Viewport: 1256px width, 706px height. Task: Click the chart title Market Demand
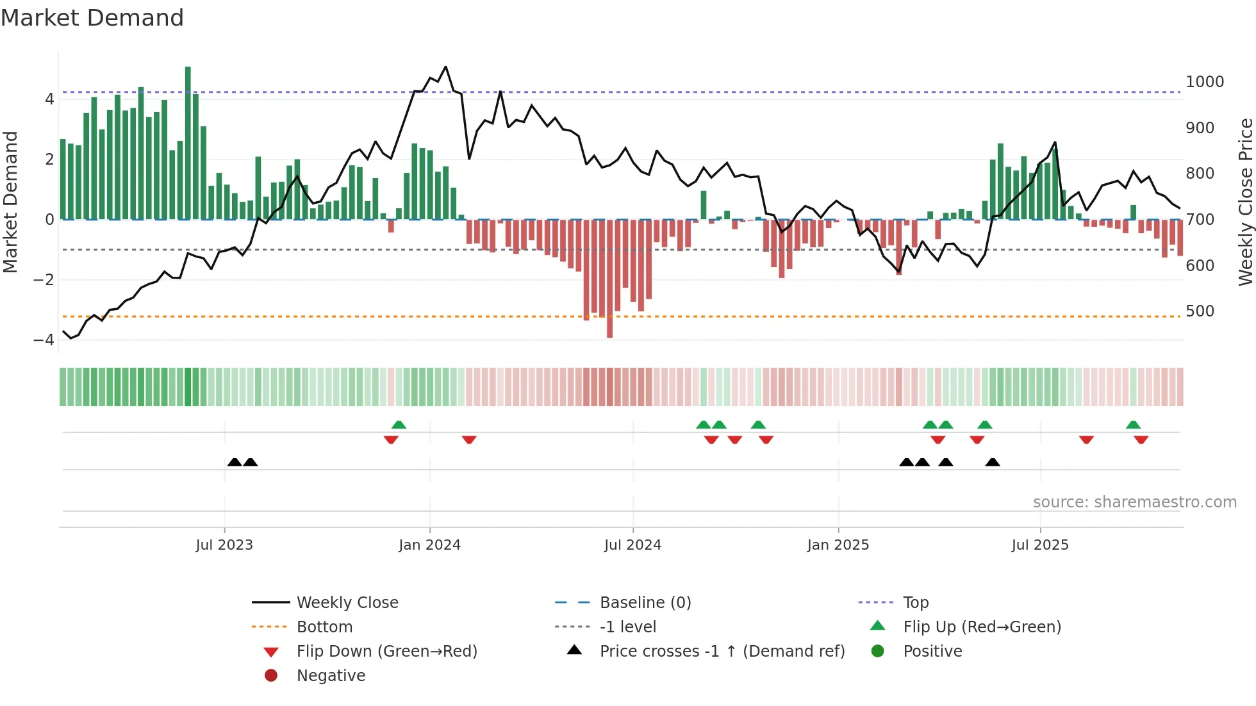click(x=92, y=17)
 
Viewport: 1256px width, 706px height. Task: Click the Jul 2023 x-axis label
click(x=224, y=545)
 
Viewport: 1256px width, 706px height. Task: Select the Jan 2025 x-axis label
click(x=838, y=545)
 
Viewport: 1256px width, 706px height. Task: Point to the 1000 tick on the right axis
click(x=1204, y=82)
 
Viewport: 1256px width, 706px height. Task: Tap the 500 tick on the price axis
click(x=1200, y=311)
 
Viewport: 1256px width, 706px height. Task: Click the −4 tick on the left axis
click(x=44, y=340)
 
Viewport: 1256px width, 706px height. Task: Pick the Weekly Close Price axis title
click(x=1245, y=202)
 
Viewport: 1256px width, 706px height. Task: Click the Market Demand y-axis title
click(x=10, y=202)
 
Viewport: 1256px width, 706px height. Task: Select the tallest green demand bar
click(x=188, y=142)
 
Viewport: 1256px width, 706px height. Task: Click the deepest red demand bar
click(x=609, y=279)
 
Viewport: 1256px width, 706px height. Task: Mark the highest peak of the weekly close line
click(x=445, y=67)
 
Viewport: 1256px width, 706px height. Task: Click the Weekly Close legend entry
click(x=347, y=602)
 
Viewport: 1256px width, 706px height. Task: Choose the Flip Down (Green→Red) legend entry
click(x=386, y=651)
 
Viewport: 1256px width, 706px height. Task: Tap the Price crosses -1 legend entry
click(x=722, y=651)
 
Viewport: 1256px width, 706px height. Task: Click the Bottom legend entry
click(x=324, y=627)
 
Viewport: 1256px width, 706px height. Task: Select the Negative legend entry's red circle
click(x=271, y=675)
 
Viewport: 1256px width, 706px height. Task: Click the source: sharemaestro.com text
click(x=1134, y=502)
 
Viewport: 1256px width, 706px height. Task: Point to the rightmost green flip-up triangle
click(x=1133, y=425)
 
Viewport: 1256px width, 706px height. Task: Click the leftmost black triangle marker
click(x=235, y=462)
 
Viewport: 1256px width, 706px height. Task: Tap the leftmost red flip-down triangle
click(x=391, y=439)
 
